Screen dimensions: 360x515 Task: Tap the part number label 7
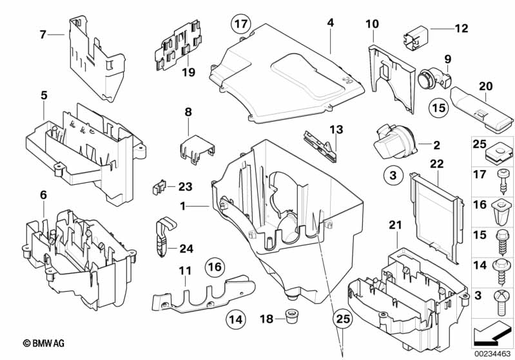click(43, 35)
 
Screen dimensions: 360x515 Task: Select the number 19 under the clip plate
click(188, 73)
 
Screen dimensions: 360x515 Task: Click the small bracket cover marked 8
click(194, 147)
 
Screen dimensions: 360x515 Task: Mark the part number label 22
click(436, 165)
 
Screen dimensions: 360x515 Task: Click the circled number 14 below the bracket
click(236, 317)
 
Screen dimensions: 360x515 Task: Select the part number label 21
click(395, 223)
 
